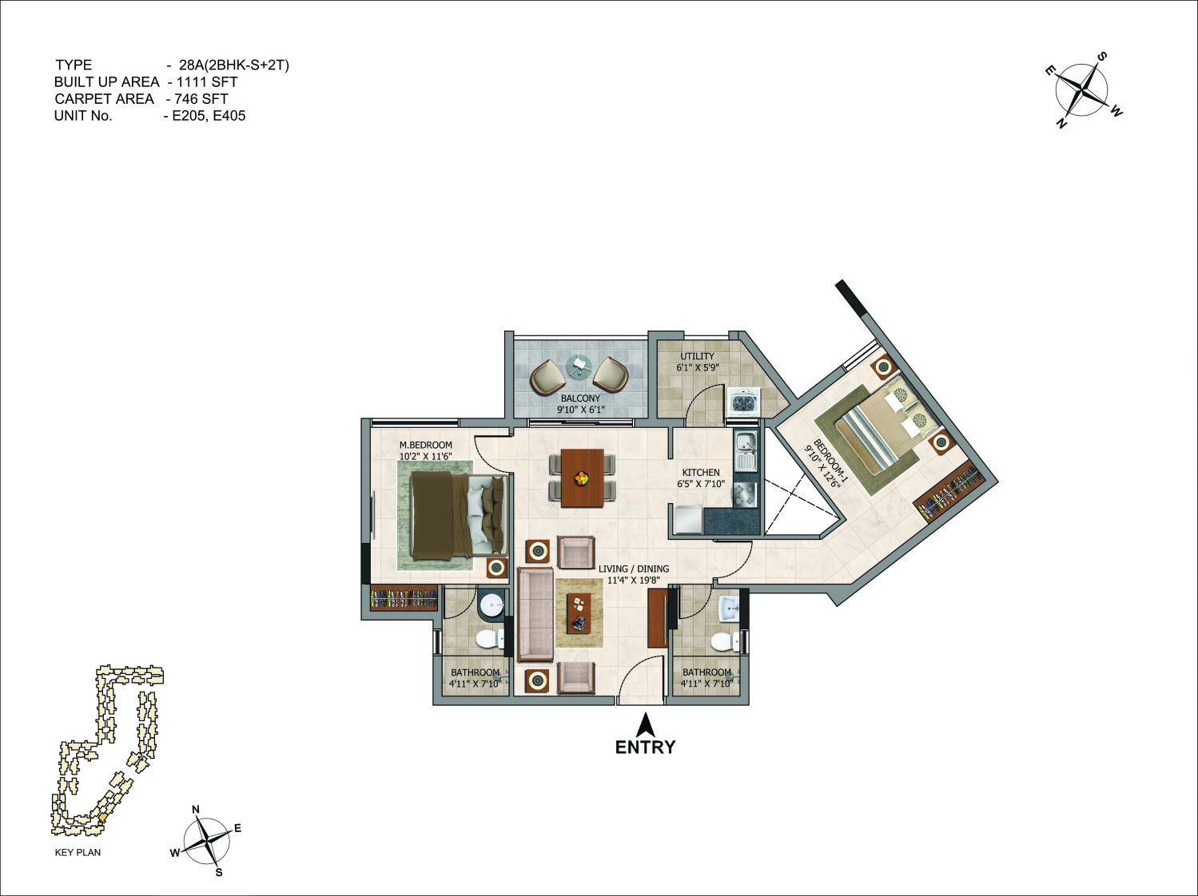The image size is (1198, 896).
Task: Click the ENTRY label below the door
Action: (x=645, y=747)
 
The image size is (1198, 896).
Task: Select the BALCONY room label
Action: (x=580, y=398)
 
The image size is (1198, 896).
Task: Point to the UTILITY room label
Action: (x=697, y=356)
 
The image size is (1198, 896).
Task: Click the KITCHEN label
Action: (x=701, y=472)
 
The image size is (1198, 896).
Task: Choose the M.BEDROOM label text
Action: (x=426, y=445)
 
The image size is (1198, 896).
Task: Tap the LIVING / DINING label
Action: (x=634, y=569)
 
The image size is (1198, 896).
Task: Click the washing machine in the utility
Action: (x=742, y=402)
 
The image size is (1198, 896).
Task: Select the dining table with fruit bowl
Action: (x=583, y=478)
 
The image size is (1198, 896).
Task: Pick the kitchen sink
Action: (x=744, y=451)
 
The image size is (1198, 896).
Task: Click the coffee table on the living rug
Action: (x=579, y=613)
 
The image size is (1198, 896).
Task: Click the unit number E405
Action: (x=229, y=116)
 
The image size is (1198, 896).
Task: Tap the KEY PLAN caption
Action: (x=78, y=852)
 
